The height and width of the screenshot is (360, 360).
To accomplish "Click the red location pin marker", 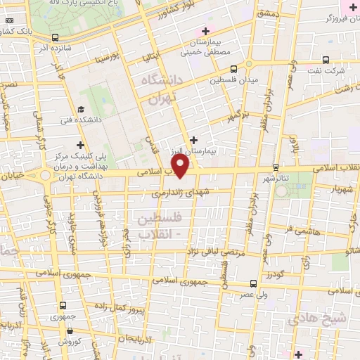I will pyautogui.click(x=181, y=166).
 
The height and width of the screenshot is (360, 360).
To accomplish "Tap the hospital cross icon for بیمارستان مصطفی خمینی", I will pyautogui.click(x=205, y=31).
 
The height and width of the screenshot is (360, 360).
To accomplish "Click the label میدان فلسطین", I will pyautogui.click(x=234, y=80).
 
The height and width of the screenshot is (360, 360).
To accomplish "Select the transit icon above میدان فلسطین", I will pyautogui.click(x=234, y=68).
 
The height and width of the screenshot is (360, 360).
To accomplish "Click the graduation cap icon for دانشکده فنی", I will pyautogui.click(x=82, y=109).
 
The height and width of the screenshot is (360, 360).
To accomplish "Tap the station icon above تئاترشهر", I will pyautogui.click(x=275, y=167).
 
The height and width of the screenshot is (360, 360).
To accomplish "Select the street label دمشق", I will pyautogui.click(x=269, y=14).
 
